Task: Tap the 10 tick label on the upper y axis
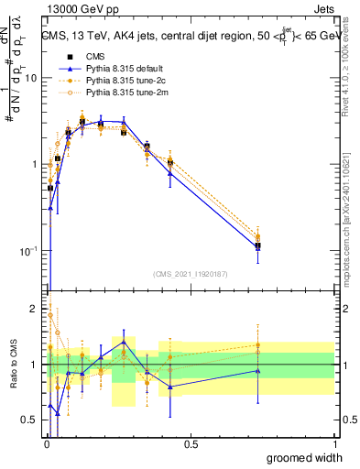click(30, 78)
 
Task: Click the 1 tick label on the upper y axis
click(34, 164)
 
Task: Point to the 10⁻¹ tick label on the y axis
click(28, 250)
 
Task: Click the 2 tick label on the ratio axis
click(34, 308)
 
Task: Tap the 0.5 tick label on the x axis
click(191, 445)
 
